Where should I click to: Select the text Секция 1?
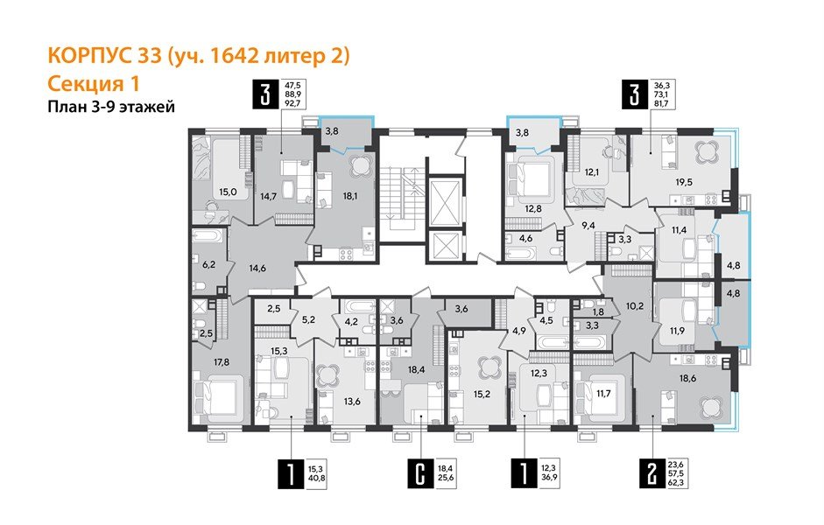tap(92, 84)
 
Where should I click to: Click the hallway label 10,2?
tap(633, 306)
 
